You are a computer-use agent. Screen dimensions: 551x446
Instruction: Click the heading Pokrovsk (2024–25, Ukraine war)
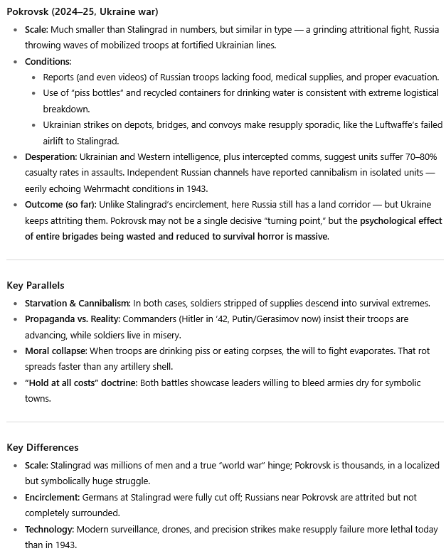(x=83, y=13)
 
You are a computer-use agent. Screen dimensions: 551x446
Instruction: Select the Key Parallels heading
(x=36, y=285)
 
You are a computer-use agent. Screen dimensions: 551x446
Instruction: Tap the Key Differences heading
(x=43, y=447)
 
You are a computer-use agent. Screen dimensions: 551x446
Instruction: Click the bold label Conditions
(x=48, y=62)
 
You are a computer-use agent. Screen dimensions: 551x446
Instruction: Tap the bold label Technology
(x=50, y=529)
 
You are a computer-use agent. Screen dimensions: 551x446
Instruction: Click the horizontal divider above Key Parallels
(x=225, y=260)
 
